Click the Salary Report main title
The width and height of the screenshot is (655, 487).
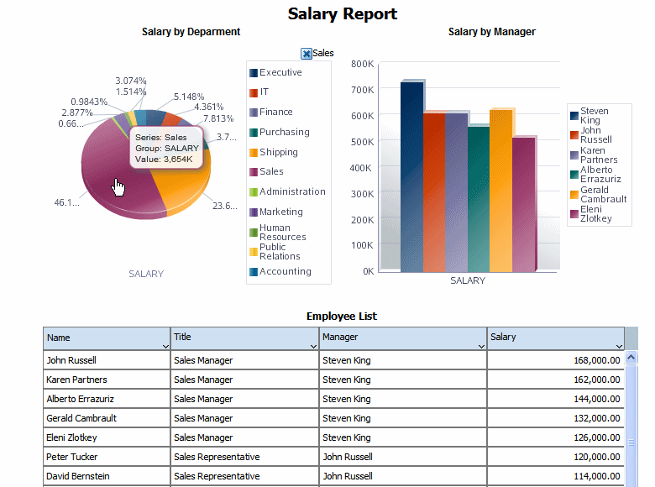343,13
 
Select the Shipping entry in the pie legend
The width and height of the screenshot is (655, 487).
278,152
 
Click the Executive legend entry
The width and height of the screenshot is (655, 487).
280,72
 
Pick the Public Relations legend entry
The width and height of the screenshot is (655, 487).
279,252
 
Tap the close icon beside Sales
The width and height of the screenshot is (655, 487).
307,54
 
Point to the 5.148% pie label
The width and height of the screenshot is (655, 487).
189,97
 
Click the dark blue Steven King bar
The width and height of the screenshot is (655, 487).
411,176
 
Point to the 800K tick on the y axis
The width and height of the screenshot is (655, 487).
362,64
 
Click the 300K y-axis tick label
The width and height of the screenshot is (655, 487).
362,193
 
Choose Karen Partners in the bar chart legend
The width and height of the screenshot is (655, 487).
598,154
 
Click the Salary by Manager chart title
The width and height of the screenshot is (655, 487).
491,32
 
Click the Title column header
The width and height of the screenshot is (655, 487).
183,337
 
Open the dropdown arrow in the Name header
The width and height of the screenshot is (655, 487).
165,346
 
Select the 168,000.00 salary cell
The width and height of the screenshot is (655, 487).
593,360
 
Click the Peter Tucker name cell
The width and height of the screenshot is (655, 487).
72,457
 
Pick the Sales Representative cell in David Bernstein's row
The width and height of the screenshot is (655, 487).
217,476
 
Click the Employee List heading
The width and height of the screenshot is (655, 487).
342,317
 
